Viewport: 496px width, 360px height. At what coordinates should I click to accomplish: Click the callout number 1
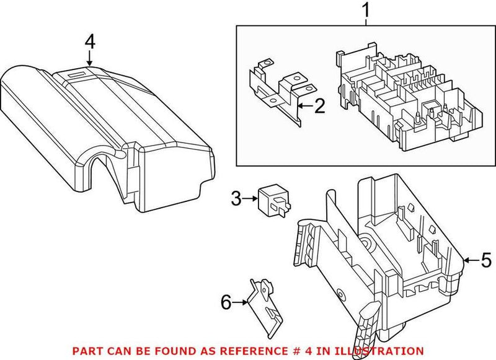click(x=365, y=10)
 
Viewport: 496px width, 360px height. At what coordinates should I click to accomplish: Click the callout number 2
click(x=318, y=107)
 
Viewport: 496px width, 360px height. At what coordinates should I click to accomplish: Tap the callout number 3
click(x=236, y=198)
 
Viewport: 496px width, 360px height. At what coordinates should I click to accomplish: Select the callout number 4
click(x=90, y=42)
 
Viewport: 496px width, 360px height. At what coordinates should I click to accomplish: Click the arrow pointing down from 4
click(x=90, y=58)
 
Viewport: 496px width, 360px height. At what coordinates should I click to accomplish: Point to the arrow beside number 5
click(x=471, y=261)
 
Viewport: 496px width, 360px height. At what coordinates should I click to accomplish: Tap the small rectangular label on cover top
click(x=77, y=73)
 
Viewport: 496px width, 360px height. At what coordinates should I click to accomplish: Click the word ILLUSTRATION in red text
click(x=384, y=350)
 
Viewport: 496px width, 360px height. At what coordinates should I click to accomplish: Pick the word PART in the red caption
click(x=85, y=350)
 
